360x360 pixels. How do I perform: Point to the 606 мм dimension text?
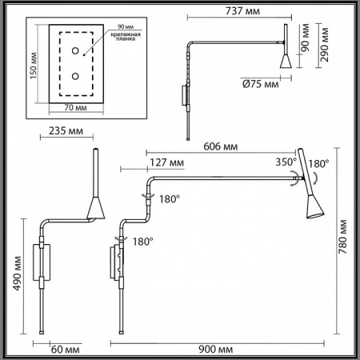[218, 146]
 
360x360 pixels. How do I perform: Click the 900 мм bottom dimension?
[215, 349]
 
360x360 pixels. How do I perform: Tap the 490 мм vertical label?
[15, 272]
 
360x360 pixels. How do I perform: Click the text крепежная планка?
[127, 38]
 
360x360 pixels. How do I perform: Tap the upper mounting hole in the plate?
[75, 51]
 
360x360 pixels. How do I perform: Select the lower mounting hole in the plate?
[75, 77]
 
